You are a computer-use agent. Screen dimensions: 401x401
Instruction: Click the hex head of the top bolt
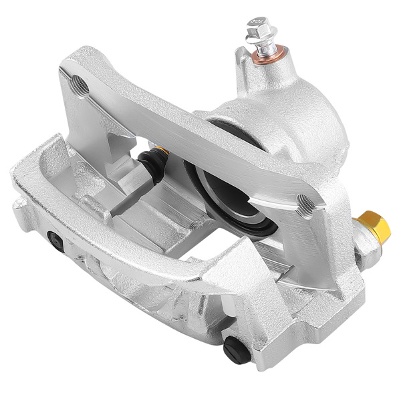[x=257, y=27]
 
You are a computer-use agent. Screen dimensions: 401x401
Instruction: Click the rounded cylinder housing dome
[x=294, y=127]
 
